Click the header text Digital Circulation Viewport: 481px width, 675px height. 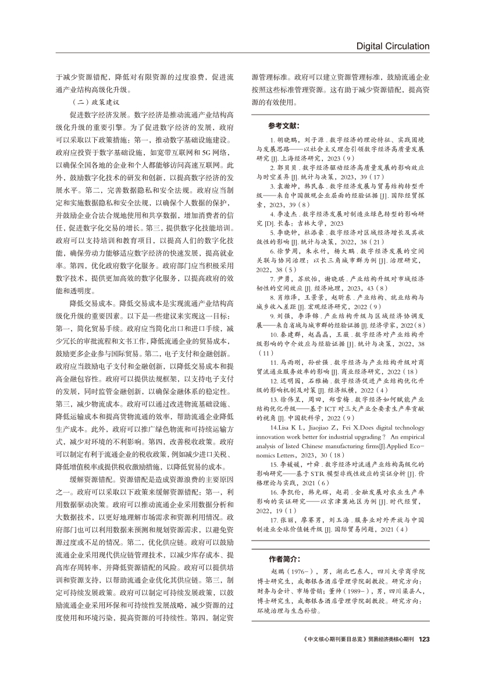pyautogui.click(x=393, y=46)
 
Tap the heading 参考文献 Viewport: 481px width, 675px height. pyautogui.click(x=284, y=126)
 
